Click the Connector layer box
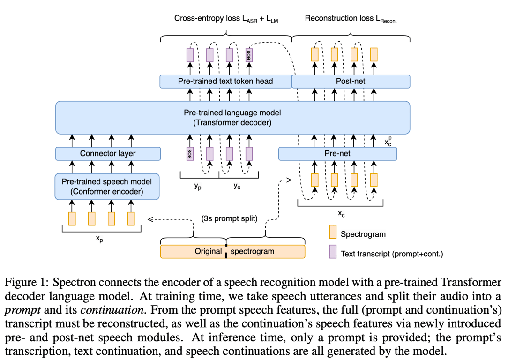click(x=108, y=153)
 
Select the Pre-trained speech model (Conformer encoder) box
click(x=107, y=186)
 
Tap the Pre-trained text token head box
click(x=225, y=81)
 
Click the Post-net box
click(x=351, y=81)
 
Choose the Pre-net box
click(x=337, y=153)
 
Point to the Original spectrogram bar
click(x=232, y=251)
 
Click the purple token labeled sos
click(x=190, y=154)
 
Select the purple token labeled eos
click(x=249, y=55)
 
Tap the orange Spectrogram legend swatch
click(x=333, y=233)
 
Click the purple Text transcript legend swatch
click(x=333, y=253)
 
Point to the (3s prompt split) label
click(x=230, y=218)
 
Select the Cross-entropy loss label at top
click(x=226, y=19)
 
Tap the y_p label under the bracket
click(x=198, y=186)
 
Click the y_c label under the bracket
click(x=238, y=186)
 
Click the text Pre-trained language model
click(x=232, y=113)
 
